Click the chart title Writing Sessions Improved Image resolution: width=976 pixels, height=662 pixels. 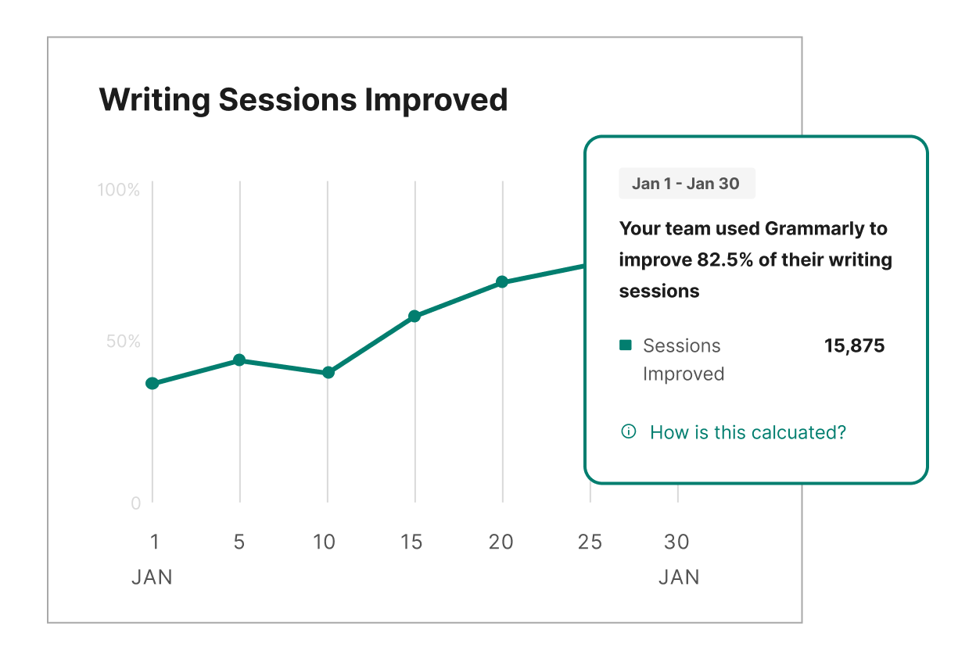click(x=303, y=100)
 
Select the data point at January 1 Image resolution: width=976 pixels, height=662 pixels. click(x=152, y=383)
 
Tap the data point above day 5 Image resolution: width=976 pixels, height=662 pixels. click(x=239, y=360)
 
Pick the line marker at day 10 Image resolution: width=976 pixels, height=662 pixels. click(x=328, y=372)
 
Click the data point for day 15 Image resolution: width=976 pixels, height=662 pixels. click(x=414, y=317)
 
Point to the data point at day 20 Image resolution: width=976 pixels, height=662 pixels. click(x=502, y=282)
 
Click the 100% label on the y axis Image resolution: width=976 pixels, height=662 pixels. click(x=119, y=190)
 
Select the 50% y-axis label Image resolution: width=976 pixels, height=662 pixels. click(x=124, y=342)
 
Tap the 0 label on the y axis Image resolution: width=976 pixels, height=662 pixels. click(x=136, y=503)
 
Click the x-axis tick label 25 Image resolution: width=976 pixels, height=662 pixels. click(x=590, y=542)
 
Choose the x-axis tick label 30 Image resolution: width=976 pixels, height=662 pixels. click(x=676, y=542)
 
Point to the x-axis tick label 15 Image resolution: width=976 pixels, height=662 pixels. click(x=411, y=542)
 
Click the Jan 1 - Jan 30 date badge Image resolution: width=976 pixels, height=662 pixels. click(x=687, y=184)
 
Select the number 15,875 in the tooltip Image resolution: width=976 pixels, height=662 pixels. click(x=854, y=345)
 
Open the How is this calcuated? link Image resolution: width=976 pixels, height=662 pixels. click(x=748, y=432)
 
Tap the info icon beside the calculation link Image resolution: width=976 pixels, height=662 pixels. click(x=628, y=431)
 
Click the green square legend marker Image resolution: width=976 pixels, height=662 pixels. click(x=626, y=345)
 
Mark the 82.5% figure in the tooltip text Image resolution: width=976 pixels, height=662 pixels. click(x=725, y=259)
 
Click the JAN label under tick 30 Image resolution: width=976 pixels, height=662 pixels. click(x=679, y=577)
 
